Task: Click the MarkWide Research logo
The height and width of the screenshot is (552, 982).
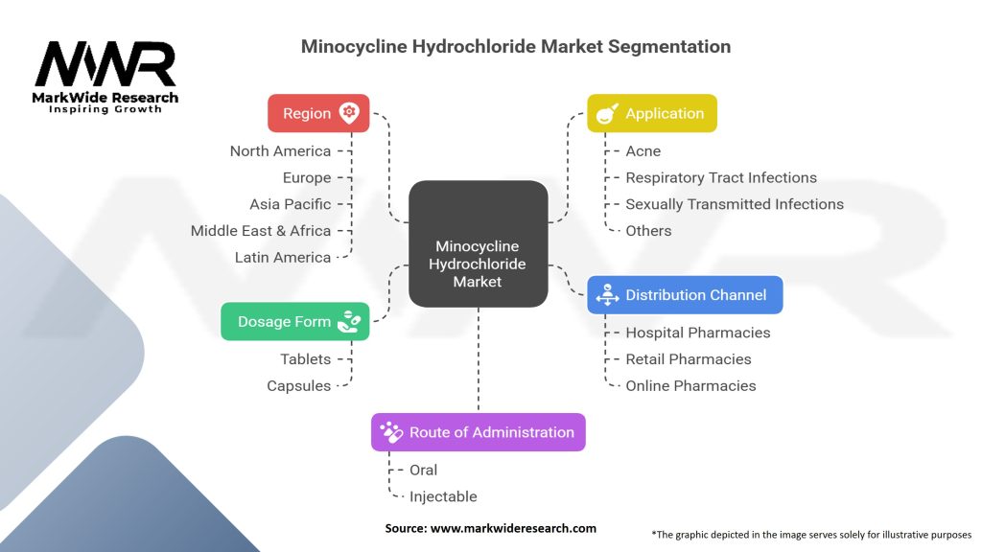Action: pyautogui.click(x=105, y=76)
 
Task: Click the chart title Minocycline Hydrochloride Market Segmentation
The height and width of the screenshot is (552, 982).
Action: pyautogui.click(x=516, y=46)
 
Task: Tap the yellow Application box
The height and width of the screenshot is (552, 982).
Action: pyautogui.click(x=651, y=113)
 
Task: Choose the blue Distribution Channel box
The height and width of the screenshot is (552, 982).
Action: pyautogui.click(x=685, y=295)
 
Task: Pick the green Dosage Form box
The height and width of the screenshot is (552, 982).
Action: pyautogui.click(x=294, y=322)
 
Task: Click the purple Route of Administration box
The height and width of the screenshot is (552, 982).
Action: pyautogui.click(x=478, y=432)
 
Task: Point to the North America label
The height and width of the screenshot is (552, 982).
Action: pyautogui.click(x=280, y=151)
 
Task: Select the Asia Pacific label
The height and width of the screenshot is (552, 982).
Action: pyautogui.click(x=290, y=204)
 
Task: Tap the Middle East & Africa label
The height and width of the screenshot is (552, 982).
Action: pyautogui.click(x=261, y=231)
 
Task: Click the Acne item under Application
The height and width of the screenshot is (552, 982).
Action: pyautogui.click(x=643, y=151)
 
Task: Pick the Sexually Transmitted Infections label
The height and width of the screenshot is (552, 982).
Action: pyautogui.click(x=735, y=204)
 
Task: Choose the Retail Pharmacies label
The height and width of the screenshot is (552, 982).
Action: pyautogui.click(x=689, y=359)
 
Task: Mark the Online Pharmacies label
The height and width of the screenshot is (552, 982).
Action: pyautogui.click(x=690, y=386)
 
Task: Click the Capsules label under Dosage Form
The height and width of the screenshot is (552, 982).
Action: pyautogui.click(x=298, y=386)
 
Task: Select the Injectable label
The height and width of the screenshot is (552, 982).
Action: pyautogui.click(x=443, y=496)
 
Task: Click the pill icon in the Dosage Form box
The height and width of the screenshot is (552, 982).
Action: pyautogui.click(x=349, y=321)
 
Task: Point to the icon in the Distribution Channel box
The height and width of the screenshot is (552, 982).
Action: pyautogui.click(x=607, y=296)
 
